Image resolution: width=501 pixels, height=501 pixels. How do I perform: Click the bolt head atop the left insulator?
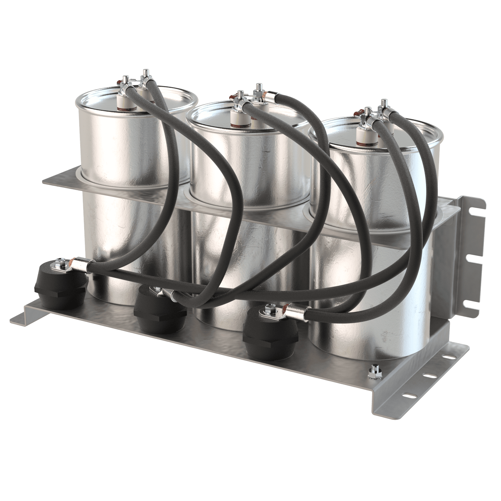pos(60,261)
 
